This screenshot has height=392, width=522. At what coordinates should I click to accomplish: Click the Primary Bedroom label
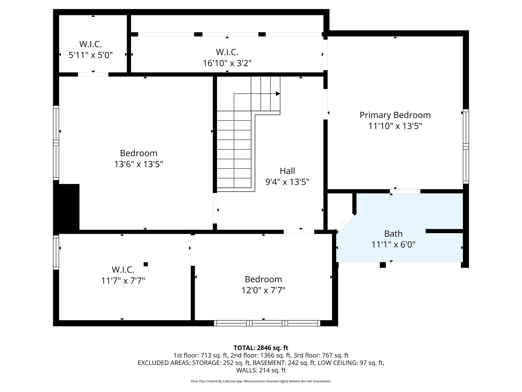395,115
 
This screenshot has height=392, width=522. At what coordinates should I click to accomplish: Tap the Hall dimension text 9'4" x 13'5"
287,182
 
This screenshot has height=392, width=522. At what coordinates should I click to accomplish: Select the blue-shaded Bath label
393,234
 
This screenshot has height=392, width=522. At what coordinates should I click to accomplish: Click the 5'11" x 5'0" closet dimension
90,55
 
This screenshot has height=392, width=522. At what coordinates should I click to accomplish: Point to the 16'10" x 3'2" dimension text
227,63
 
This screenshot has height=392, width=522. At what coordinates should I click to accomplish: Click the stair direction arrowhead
278,94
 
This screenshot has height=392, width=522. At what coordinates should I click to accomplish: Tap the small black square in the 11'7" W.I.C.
146,264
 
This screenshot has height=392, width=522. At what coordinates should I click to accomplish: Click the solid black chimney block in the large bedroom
67,207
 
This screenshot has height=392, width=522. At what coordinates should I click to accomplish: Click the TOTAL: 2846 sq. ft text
261,348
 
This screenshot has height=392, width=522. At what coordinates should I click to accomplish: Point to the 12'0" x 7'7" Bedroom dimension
263,290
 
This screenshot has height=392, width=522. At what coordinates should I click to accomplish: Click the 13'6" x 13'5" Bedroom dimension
138,164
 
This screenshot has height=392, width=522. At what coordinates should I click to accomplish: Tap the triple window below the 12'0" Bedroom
267,323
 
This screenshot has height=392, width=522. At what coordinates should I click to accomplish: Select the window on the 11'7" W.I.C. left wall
56,252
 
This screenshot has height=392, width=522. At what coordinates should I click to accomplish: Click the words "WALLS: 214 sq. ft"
261,370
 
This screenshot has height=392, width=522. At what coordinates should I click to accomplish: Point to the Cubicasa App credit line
261,381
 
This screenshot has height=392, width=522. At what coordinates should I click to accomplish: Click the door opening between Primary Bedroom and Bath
405,191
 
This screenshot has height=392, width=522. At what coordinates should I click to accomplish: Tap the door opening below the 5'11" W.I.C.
93,75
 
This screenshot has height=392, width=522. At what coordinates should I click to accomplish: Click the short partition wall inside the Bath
444,231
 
